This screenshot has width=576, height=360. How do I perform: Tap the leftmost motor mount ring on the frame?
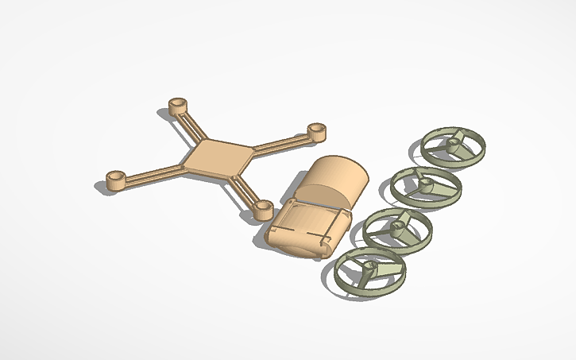(116, 180)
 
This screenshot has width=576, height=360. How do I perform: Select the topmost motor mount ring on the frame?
(178, 106)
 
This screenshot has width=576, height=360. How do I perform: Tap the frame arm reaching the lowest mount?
(243, 188)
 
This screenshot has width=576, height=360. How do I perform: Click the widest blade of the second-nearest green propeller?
(413, 230)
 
